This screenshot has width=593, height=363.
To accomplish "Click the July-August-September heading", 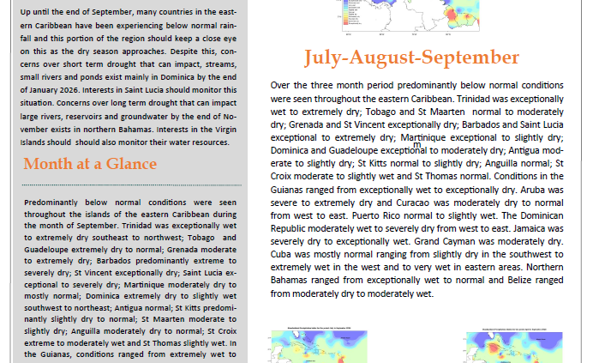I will point(410,58).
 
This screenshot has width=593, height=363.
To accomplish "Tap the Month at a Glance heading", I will point(90,164).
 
